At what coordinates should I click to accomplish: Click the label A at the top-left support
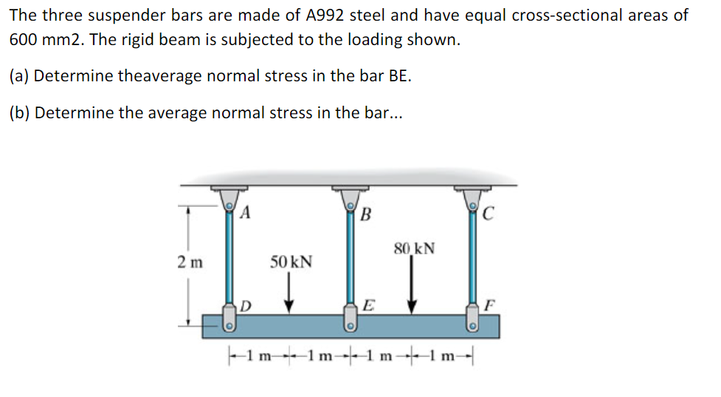tap(246, 214)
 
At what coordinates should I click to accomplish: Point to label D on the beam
tap(246, 305)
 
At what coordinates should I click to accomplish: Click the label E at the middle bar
tap(368, 305)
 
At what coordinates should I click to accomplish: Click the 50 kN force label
tap(291, 262)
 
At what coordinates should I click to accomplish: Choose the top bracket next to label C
tap(471, 196)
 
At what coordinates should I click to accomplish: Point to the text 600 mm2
tap(46, 40)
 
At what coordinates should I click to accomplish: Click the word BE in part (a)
tap(399, 75)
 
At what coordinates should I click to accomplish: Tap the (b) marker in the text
tap(21, 112)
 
